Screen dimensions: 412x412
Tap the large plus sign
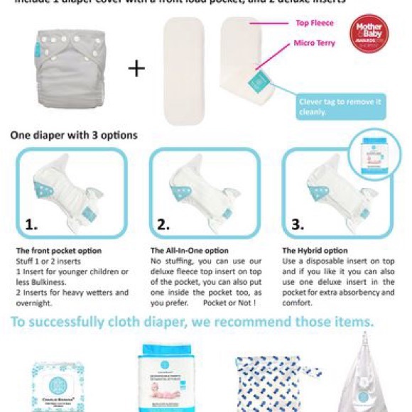pos(136,68)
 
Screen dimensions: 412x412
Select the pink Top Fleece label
pos(314,23)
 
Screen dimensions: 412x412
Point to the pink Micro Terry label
pos(314,43)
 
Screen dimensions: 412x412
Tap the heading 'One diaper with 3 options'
pos(74,134)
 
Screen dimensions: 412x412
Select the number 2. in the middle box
pos(163,224)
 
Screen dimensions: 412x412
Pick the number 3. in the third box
pos(297,224)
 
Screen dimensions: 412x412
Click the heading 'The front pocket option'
pos(59,251)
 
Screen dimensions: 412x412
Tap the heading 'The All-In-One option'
pos(190,251)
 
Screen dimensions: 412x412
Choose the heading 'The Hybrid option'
pos(315,251)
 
